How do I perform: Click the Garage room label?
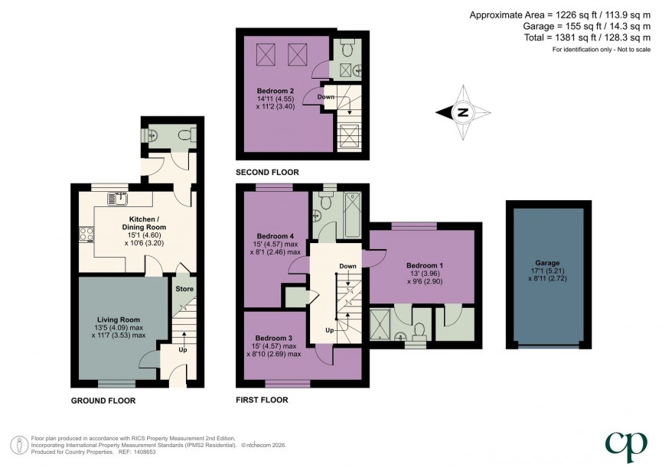[x=548, y=261]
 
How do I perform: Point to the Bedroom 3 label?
[x=274, y=338]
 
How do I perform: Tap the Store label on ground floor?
[x=184, y=289]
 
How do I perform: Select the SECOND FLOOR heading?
[x=267, y=173]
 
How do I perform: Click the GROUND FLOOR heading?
[x=103, y=400]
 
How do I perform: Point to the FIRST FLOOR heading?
[x=262, y=400]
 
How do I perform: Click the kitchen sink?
[x=117, y=199]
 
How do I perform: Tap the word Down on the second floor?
[x=325, y=97]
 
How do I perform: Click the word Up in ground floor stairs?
[x=182, y=351]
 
